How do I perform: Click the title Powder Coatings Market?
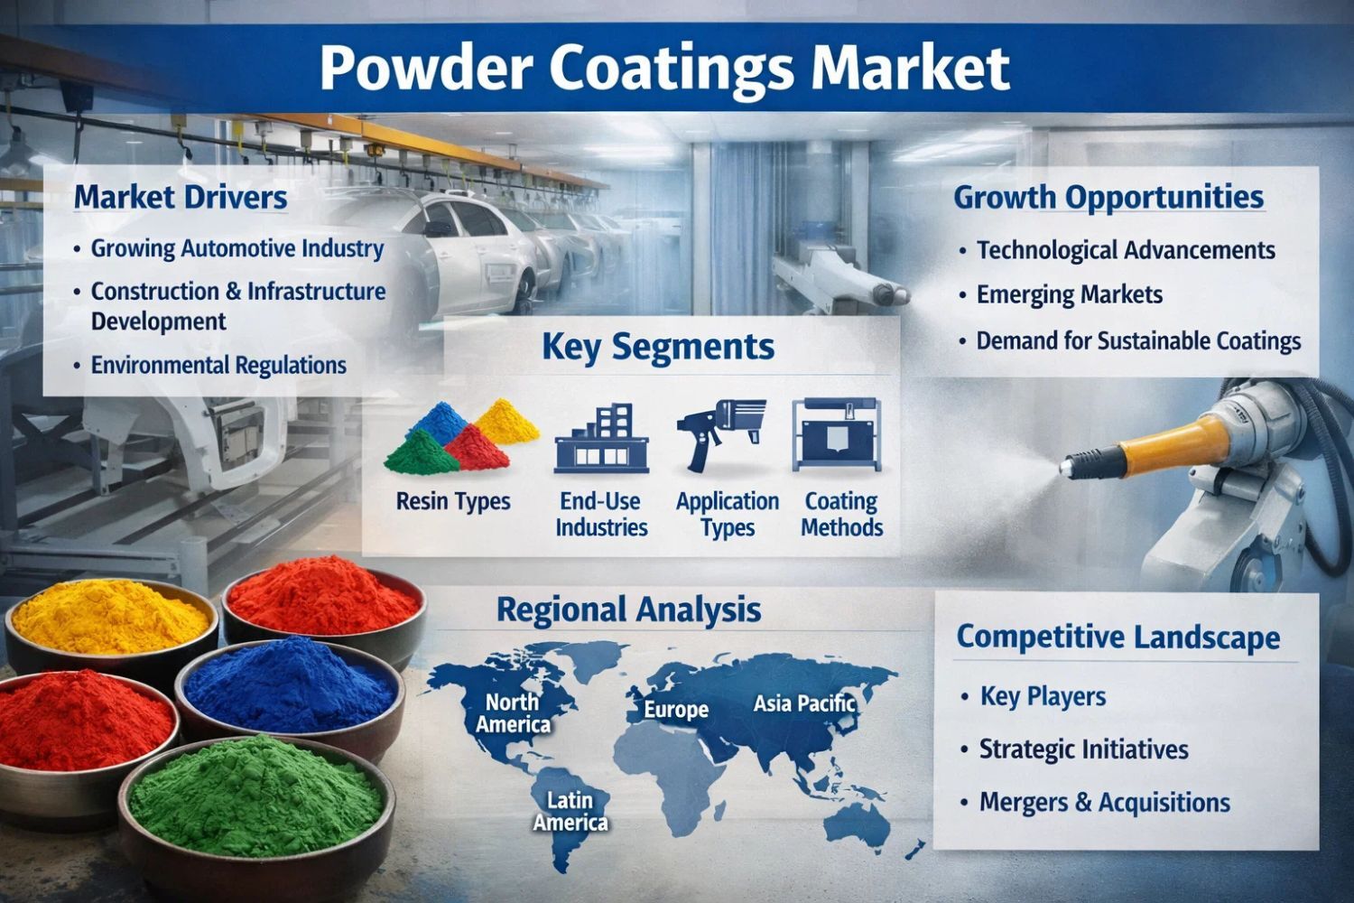(x=664, y=68)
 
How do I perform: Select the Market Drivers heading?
(x=181, y=198)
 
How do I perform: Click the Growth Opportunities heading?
(x=1108, y=199)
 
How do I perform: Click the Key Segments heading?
(x=658, y=347)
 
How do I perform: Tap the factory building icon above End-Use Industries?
(x=601, y=439)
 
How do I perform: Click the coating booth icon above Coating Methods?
(x=837, y=434)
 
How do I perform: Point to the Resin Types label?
(x=453, y=501)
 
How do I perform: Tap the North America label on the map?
(x=513, y=713)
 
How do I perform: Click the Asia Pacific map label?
(x=804, y=703)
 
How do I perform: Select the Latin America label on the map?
(x=570, y=812)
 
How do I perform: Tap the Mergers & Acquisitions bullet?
(x=1104, y=803)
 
